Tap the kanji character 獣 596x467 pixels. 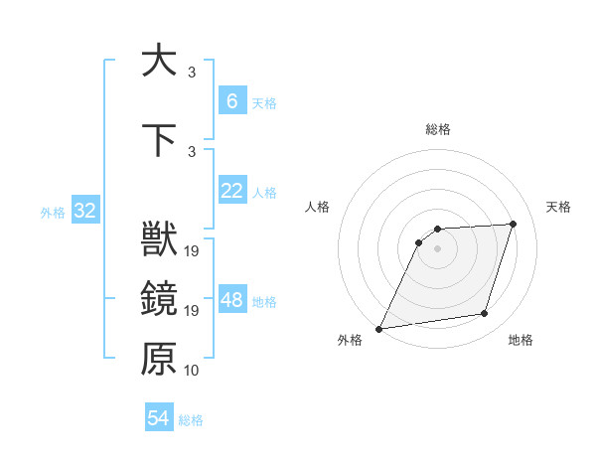click(160, 240)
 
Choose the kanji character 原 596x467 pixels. click(160, 360)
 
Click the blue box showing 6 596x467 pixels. click(231, 101)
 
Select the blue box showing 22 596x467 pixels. click(231, 192)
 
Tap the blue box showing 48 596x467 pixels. click(231, 301)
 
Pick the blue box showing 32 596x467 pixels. click(84, 212)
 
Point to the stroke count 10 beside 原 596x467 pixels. click(192, 371)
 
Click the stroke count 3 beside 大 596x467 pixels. click(192, 72)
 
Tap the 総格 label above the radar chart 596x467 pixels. click(438, 130)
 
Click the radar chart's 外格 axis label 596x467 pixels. click(350, 341)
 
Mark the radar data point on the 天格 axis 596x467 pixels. click(514, 224)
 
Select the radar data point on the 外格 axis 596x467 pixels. click(379, 329)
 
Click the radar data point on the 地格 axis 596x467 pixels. click(485, 314)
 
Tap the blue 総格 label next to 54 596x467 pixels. click(191, 420)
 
